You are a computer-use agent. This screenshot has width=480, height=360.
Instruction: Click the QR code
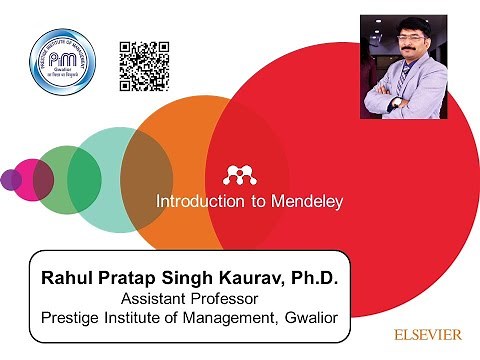click(144, 66)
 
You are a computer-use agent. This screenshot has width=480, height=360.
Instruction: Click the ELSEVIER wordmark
click(427, 335)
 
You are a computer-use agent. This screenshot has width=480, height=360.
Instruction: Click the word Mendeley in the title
click(309, 202)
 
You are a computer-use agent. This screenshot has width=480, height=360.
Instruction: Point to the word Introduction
click(200, 202)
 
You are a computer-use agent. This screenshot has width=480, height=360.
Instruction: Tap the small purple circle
click(10, 180)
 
